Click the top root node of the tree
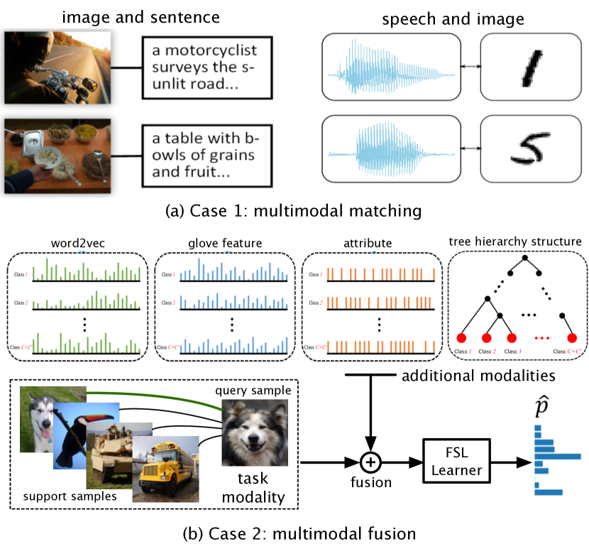[524, 259]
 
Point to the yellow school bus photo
[166, 464]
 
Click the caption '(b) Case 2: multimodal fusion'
[294, 532]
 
